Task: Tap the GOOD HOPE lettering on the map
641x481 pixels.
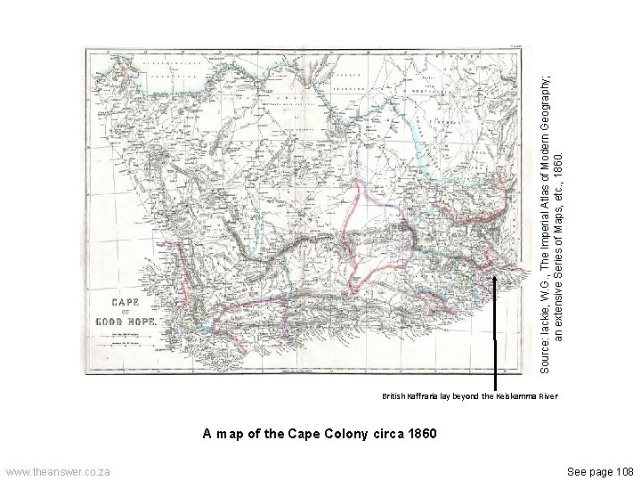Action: [x=126, y=320]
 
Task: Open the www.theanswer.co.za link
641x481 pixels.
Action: [x=57, y=470]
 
